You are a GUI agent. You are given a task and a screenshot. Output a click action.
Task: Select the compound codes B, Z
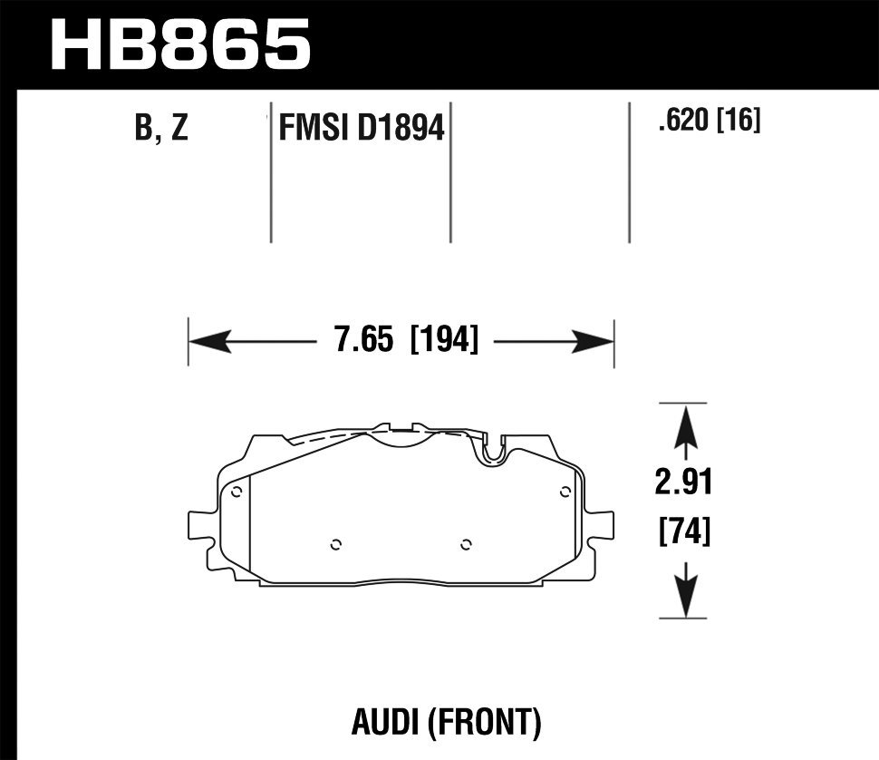pos(161,128)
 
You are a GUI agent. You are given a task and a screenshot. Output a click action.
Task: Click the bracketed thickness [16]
pos(739,120)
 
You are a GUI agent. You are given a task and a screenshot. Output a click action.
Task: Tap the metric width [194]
pos(444,342)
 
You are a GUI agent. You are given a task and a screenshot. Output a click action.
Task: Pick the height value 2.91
pos(684,482)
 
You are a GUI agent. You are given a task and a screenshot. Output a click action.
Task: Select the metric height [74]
pos(684,530)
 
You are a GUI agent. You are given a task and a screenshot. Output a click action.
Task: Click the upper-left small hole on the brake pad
pos(237,492)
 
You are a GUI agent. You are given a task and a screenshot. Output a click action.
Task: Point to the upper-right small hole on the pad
pos(565,492)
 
